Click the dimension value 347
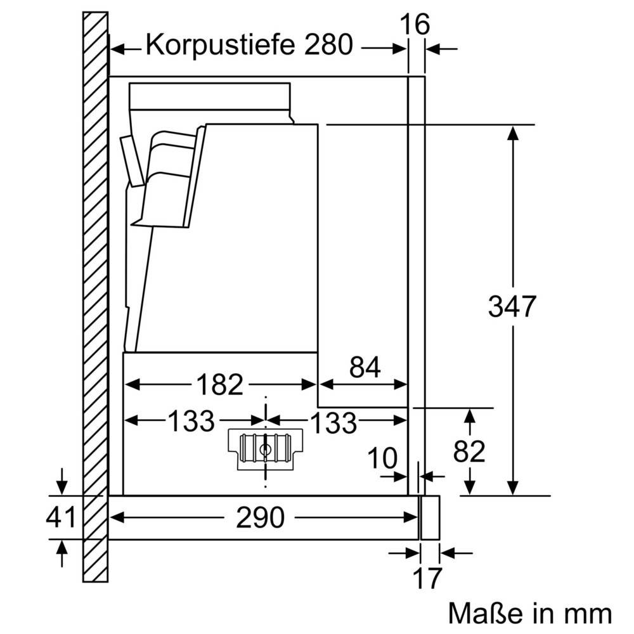coord(512,307)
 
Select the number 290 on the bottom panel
coord(260,518)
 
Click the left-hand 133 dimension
coord(191,420)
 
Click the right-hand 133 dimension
coord(333,422)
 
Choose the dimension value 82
coord(469,451)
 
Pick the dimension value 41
coord(61,518)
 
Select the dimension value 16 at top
coord(415,25)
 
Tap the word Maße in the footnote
coord(484,613)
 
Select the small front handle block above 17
coord(429,517)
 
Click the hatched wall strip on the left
coord(95,304)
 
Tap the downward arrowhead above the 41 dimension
coord(61,485)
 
